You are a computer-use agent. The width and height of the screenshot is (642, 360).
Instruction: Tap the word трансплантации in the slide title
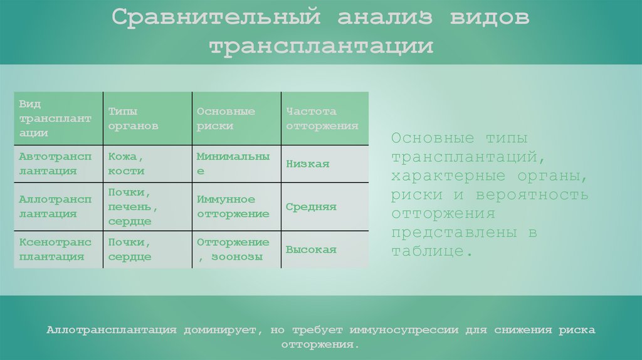point(320,46)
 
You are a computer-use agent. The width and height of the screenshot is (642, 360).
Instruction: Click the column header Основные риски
point(226,119)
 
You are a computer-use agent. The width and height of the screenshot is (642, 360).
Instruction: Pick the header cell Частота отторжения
point(322,119)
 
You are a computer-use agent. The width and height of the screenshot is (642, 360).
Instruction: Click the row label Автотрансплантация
point(55,163)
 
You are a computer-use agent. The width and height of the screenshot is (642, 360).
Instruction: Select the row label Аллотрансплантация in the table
point(55,206)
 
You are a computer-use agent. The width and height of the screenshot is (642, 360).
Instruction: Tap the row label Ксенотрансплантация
point(55,249)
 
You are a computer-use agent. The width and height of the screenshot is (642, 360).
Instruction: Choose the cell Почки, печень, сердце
point(130,206)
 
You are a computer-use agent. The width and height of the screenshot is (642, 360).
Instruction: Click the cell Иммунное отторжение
point(233,206)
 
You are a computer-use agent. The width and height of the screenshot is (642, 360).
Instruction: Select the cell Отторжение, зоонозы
point(233,249)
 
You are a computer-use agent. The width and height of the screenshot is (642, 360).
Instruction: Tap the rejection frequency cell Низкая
point(307,164)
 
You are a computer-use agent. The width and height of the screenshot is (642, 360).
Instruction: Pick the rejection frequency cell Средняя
point(311,207)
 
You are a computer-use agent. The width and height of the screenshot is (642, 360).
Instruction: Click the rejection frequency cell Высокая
point(311,250)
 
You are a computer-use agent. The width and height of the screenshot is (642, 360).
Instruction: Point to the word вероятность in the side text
point(532,194)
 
